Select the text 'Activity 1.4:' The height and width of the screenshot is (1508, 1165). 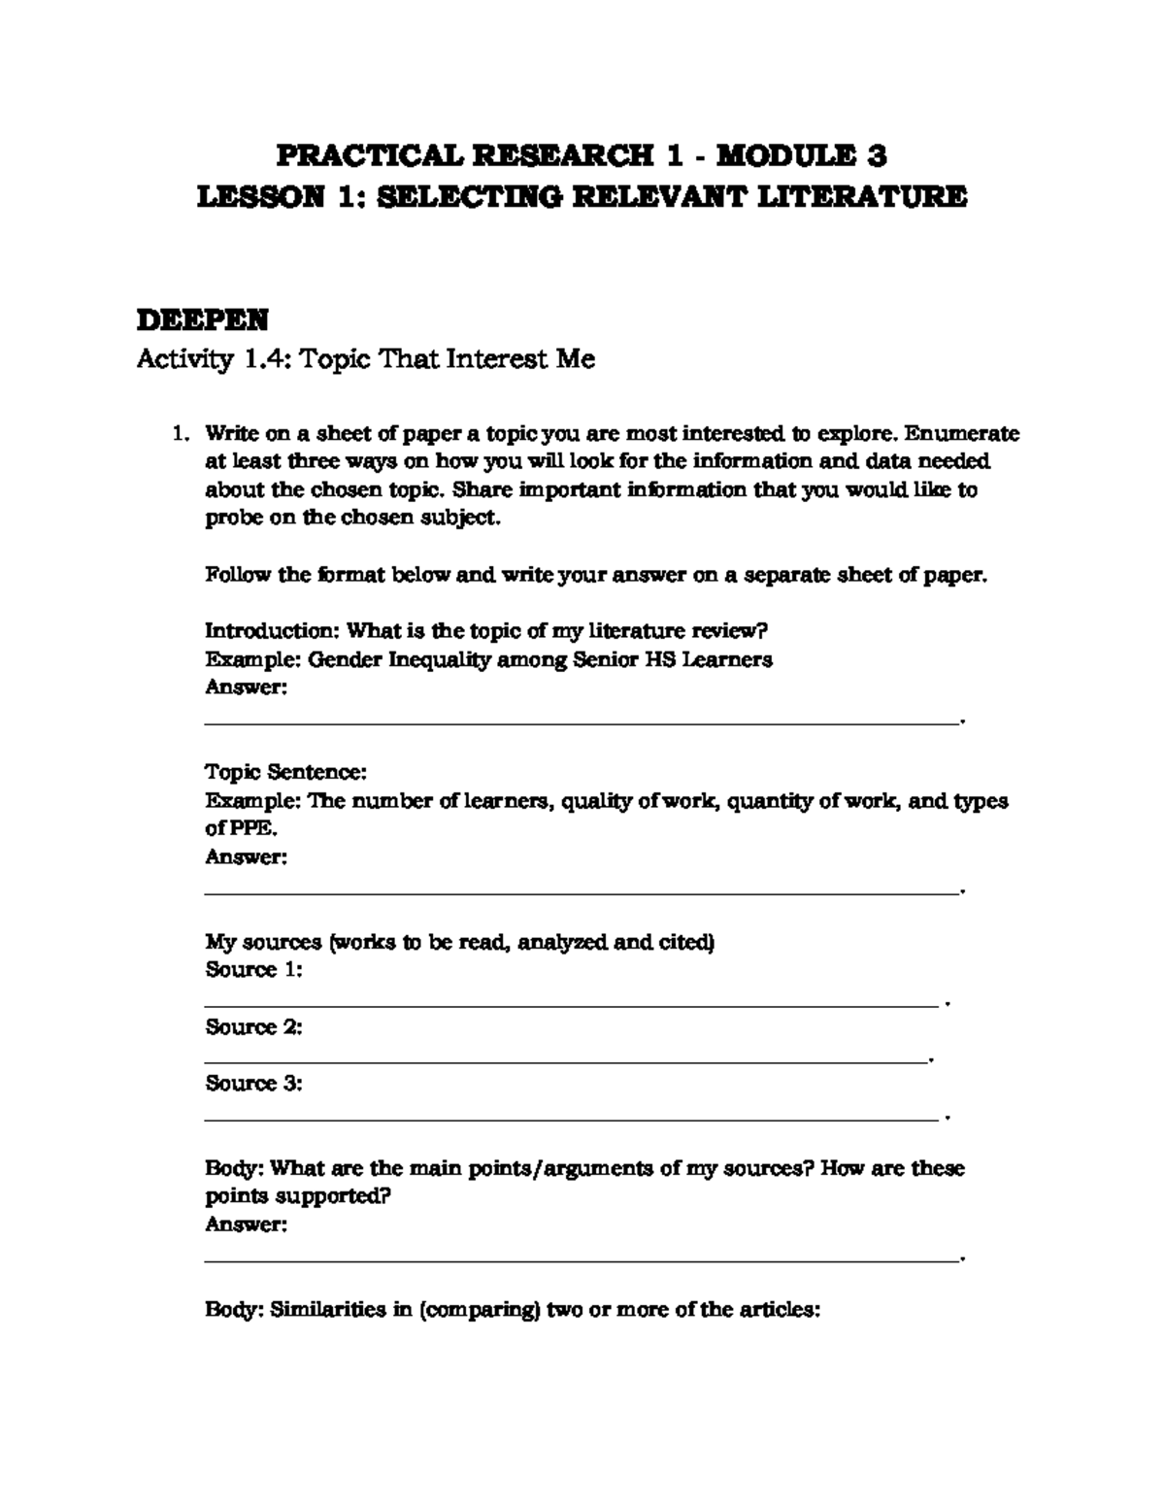pyautogui.click(x=213, y=360)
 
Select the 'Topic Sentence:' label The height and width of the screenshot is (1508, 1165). pyautogui.click(x=285, y=773)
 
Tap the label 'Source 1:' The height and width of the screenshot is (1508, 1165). pyautogui.click(x=253, y=970)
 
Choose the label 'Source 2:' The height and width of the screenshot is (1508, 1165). pyautogui.click(x=253, y=1027)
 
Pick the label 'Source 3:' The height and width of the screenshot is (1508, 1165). pyautogui.click(x=253, y=1084)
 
